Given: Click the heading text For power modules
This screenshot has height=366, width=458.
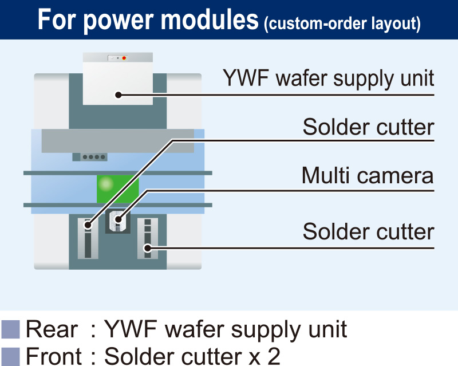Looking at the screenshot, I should click(x=147, y=20).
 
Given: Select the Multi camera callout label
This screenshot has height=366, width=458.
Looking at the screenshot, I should click(x=367, y=176).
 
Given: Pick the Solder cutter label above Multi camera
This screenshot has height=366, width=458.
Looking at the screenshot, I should click(x=368, y=127).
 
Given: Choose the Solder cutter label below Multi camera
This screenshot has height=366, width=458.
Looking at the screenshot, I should click(x=368, y=232).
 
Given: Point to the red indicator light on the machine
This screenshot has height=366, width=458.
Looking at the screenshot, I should click(x=124, y=58).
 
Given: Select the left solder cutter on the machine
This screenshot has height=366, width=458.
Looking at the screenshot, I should click(x=88, y=238).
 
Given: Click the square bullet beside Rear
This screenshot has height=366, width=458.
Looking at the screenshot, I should click(x=10, y=330).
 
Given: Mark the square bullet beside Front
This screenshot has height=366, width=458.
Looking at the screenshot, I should click(x=10, y=356).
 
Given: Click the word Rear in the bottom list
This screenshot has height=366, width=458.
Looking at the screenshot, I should click(x=52, y=330).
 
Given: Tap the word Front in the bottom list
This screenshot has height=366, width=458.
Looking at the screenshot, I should click(x=54, y=356).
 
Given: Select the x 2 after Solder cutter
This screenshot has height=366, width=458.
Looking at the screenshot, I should click(x=266, y=356).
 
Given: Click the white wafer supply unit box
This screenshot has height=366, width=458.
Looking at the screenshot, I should click(x=118, y=80).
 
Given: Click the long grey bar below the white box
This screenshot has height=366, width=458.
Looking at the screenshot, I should click(x=117, y=141).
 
